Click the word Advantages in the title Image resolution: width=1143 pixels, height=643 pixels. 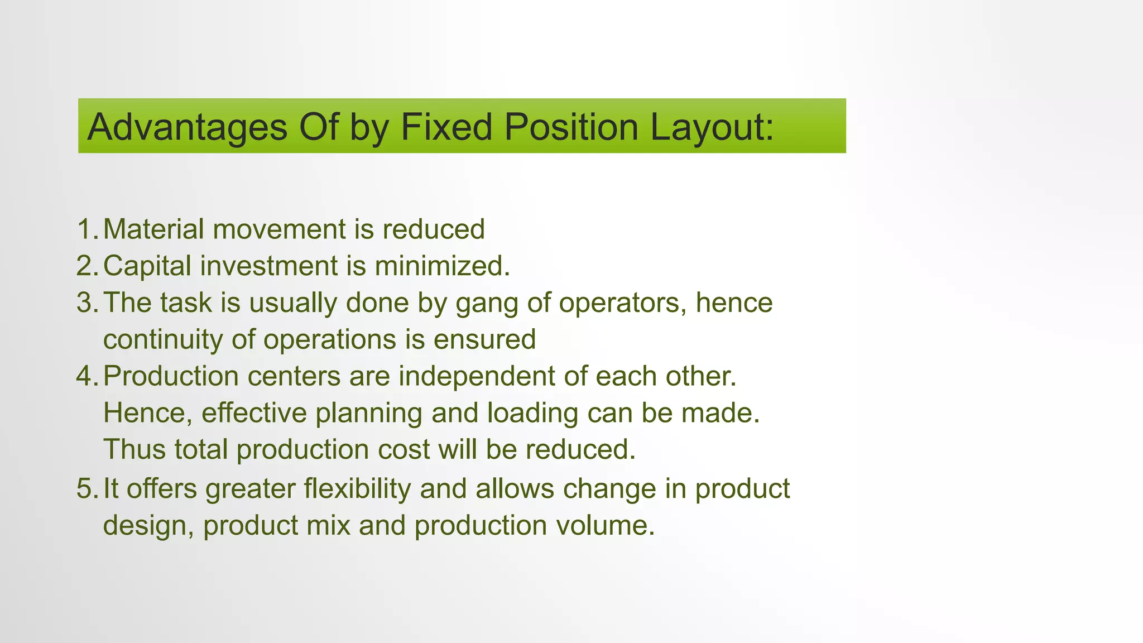[188, 127]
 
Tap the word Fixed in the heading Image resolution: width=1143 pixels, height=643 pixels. [446, 127]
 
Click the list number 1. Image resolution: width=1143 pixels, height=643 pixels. [87, 229]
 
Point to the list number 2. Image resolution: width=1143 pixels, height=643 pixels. [87, 266]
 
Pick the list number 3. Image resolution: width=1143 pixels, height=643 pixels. [87, 303]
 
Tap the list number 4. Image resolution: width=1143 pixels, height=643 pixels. [87, 377]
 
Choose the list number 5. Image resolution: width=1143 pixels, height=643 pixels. [87, 489]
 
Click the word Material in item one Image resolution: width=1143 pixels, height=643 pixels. [154, 229]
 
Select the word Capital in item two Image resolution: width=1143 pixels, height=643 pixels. [147, 266]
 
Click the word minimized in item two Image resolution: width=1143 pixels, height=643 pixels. [442, 266]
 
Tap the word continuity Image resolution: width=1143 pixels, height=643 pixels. [163, 340]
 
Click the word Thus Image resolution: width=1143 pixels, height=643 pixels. [135, 450]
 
